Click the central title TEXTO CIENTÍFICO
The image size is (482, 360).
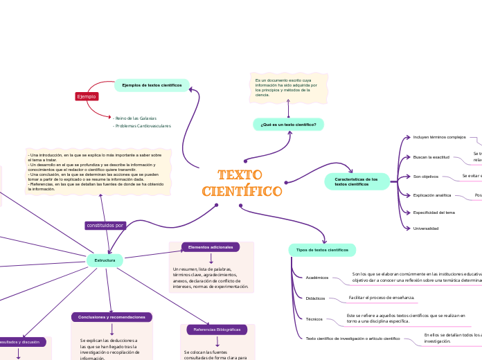tap(242, 183)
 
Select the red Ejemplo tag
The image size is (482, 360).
tap(87, 96)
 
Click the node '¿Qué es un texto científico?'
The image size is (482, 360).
tap(288, 125)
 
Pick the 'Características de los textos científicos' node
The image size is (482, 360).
tap(357, 181)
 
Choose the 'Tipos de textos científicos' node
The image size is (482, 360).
tap(322, 249)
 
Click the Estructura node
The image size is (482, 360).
tap(105, 260)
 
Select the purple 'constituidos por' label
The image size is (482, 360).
tap(105, 226)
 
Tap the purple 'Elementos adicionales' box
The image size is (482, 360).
tap(211, 247)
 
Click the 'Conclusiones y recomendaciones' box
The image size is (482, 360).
tap(111, 317)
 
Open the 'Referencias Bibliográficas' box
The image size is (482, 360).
tap(217, 330)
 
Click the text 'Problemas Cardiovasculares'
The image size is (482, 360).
tap(142, 127)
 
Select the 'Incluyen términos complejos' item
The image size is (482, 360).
tap(439, 137)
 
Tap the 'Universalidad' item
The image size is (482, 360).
tap(426, 228)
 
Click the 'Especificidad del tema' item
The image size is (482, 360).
tap(434, 212)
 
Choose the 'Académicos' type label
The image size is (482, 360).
tap(317, 278)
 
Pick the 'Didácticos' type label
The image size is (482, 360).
tap(316, 298)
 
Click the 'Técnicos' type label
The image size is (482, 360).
tap(314, 319)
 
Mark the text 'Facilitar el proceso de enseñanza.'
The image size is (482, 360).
tap(382, 298)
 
